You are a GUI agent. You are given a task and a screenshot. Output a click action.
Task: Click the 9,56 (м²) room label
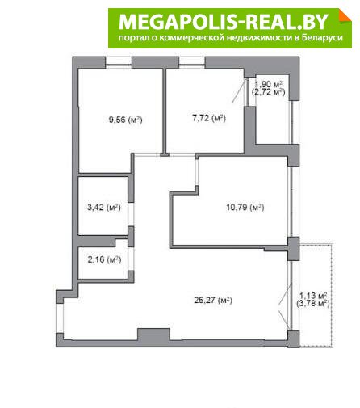tap(125, 120)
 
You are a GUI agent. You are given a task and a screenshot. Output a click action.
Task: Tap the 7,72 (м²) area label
tap(209, 118)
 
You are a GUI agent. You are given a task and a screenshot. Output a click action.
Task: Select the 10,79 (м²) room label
tap(245, 208)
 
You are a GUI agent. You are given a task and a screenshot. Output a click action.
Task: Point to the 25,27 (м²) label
tap(213, 300)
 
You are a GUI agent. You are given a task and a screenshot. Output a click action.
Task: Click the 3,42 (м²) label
tap(104, 208)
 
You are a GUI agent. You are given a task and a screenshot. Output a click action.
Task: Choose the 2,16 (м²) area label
tap(104, 259)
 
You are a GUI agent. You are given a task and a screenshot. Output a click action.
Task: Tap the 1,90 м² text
tap(268, 84)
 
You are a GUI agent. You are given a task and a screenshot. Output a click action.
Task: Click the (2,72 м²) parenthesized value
tap(268, 92)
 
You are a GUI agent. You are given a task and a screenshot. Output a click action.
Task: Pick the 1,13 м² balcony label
tap(313, 296)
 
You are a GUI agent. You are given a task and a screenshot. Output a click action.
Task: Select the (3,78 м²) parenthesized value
tap(313, 304)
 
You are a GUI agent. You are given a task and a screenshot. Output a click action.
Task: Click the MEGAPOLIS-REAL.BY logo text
tap(224, 22)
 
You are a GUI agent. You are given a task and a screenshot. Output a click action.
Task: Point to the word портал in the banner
tap(132, 38)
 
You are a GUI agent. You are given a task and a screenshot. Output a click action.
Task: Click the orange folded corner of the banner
tap(345, 15)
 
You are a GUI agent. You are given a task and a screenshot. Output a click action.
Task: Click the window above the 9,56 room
tap(119, 62)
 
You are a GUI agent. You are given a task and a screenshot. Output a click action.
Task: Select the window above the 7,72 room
tap(192, 62)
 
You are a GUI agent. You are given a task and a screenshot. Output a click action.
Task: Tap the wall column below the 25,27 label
tap(153, 334)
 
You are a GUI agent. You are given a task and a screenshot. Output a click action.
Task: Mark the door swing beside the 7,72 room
tap(240, 90)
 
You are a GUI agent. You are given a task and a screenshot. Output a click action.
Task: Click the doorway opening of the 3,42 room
tap(131, 214)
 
